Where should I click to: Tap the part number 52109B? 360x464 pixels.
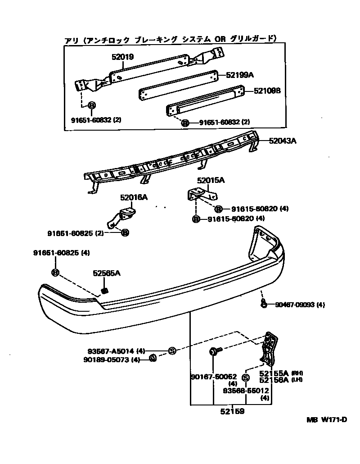pos(267,91)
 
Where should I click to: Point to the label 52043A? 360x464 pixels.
pos(283,141)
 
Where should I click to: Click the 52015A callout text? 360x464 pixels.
pos(211,181)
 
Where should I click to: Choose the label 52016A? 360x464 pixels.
pos(134,197)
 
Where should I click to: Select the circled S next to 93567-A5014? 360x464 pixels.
pos(171,350)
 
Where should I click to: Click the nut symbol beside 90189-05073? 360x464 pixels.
pos(152,359)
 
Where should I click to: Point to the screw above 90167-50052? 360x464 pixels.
pos(214,351)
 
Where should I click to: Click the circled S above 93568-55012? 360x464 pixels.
pos(246,378)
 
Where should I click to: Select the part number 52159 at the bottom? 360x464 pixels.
pos(232,411)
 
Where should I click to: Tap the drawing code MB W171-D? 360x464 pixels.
pos(327,420)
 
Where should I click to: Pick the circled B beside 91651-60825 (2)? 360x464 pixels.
pos(125,232)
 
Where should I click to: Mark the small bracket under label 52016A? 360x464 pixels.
pos(121,216)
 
